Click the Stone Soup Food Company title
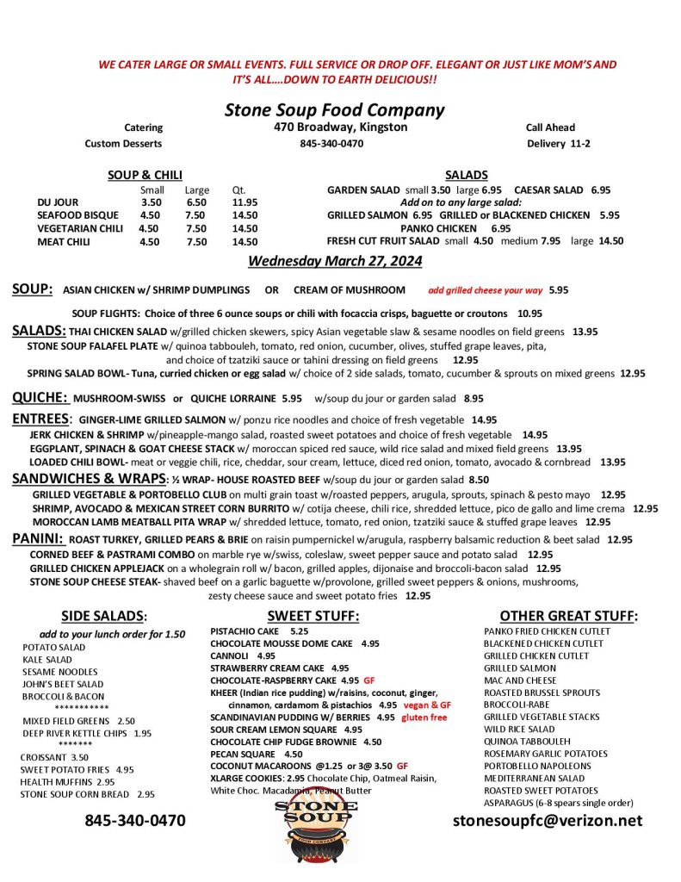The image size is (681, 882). pyautogui.click(x=334, y=109)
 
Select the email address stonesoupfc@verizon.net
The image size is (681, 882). pyautogui.click(x=548, y=820)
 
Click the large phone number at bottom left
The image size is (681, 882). pyautogui.click(x=134, y=820)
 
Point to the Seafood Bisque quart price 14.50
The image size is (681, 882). pyautogui.click(x=245, y=215)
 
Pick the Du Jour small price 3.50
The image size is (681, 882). pyautogui.click(x=151, y=202)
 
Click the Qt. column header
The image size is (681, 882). pyautogui.click(x=238, y=189)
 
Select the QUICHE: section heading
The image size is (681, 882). pyautogui.click(x=40, y=397)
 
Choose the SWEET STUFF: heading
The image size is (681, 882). pyautogui.click(x=313, y=615)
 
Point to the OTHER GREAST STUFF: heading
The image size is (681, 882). pyautogui.click(x=568, y=615)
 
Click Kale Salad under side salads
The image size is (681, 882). pyautogui.click(x=48, y=659)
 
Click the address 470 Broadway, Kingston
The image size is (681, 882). pyautogui.click(x=335, y=127)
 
